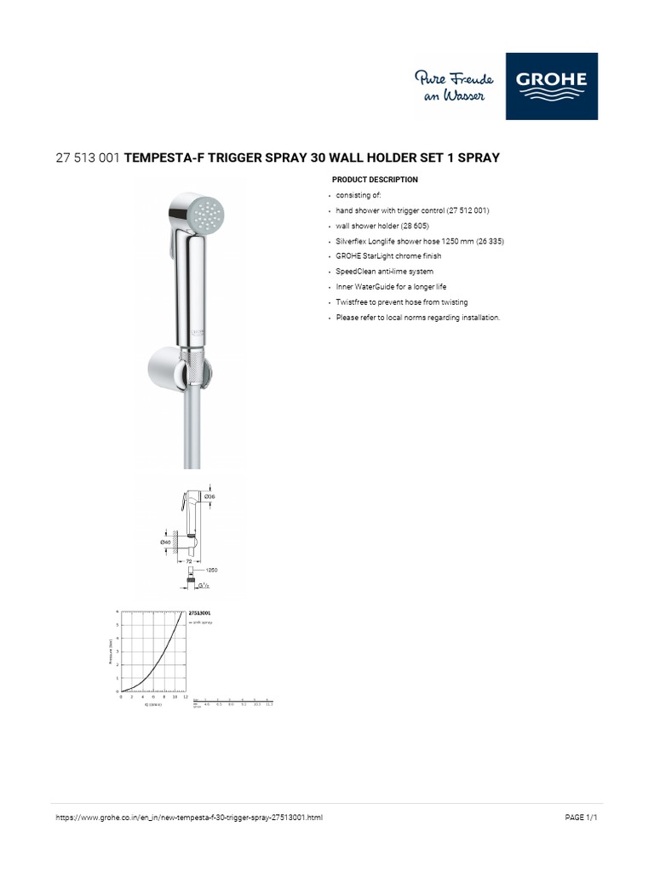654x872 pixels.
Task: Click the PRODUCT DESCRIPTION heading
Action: pos(375,180)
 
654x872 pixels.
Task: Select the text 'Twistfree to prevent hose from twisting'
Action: pos(402,302)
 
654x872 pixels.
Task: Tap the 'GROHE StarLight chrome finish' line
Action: pos(388,255)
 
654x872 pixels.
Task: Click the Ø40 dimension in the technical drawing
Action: pos(165,541)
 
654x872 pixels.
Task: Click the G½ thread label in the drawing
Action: pos(204,585)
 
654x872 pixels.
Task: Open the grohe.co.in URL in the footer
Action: pos(188,817)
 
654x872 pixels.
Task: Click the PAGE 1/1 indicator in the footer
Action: pos(582,817)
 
